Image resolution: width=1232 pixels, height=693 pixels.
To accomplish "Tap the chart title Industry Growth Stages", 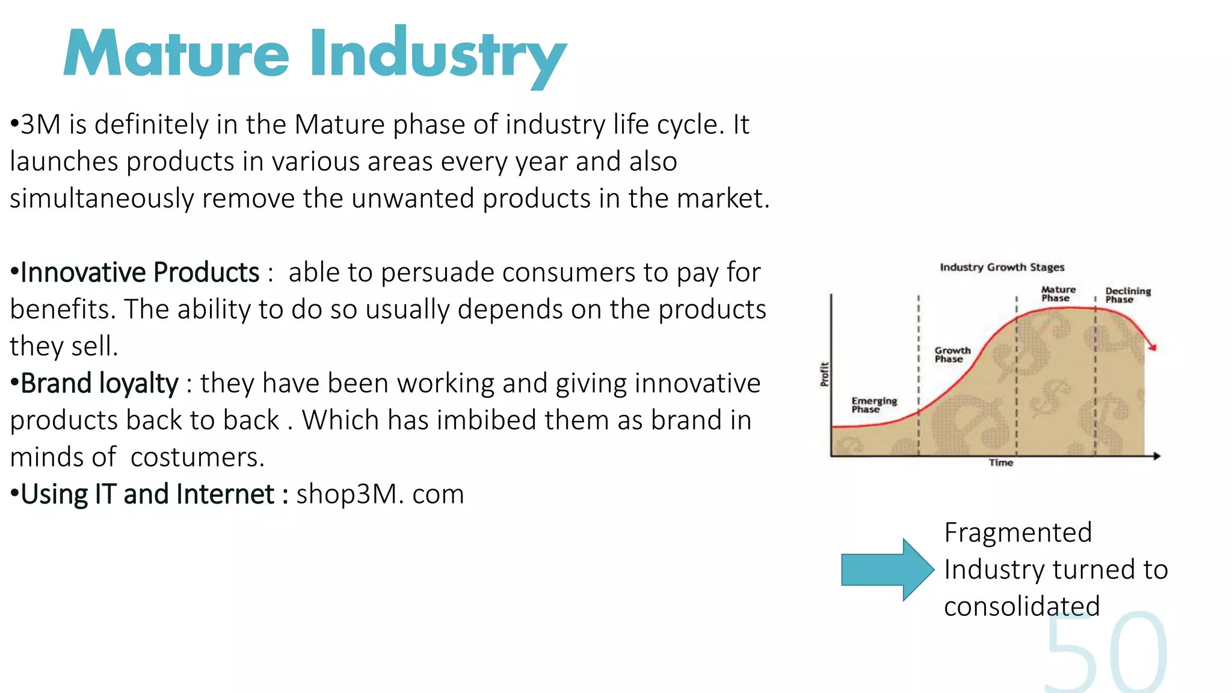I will click(x=1002, y=267).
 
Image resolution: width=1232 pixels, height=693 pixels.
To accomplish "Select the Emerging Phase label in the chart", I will click(x=873, y=405).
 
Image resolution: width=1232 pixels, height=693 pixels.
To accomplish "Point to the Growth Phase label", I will click(x=952, y=354).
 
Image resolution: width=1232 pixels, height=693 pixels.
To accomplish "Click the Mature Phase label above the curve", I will click(x=1058, y=294).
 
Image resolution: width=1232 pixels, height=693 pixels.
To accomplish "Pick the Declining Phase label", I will click(x=1127, y=295).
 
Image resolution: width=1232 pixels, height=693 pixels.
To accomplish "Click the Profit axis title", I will click(x=825, y=374).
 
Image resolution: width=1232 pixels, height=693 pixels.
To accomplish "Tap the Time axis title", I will click(x=1001, y=463).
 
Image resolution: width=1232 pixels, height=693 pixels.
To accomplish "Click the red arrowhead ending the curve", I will click(x=1153, y=346).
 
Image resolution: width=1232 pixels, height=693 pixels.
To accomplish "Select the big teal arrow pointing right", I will click(x=887, y=570).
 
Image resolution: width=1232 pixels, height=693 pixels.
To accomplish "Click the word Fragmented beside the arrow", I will click(x=1018, y=532).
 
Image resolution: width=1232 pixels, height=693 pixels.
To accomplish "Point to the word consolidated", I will click(x=1021, y=606).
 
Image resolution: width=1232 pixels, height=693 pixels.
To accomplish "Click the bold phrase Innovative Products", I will click(x=140, y=273).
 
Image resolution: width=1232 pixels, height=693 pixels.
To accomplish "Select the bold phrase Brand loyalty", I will click(x=99, y=383).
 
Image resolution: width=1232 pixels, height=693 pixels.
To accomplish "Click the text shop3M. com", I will click(x=380, y=494).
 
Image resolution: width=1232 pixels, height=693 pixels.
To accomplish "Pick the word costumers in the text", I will click(x=197, y=457).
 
